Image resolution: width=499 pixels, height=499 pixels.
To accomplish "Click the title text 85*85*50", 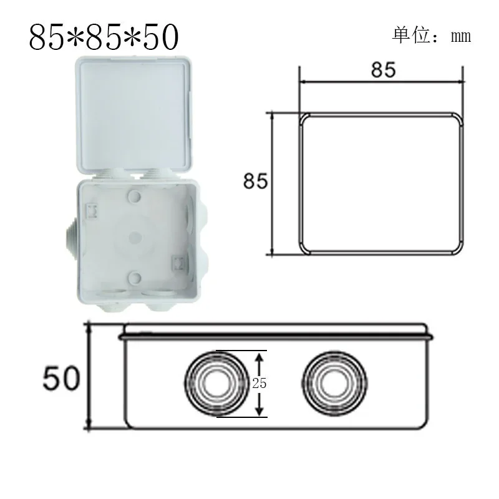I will [104, 37].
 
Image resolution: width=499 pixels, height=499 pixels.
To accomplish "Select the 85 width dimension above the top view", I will [383, 69].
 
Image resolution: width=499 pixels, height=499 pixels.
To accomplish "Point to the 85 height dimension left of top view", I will [256, 182].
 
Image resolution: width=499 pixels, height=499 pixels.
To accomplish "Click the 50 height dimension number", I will [62, 378].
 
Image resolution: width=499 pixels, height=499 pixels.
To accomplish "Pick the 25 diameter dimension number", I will [259, 384].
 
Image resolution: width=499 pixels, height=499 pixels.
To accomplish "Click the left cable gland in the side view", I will [215, 383].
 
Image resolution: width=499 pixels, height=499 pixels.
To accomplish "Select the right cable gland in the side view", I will [332, 383].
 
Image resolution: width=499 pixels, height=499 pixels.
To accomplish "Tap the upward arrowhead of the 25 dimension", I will [261, 354].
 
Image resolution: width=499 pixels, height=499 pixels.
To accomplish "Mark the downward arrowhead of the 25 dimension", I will [261, 412].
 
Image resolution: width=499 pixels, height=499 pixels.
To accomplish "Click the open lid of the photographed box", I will [135, 112].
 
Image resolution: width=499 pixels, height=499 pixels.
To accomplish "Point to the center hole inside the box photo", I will [134, 237].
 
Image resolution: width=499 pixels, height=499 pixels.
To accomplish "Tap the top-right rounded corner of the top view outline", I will [457, 120].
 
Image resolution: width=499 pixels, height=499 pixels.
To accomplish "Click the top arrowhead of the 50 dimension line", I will [89, 327].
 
